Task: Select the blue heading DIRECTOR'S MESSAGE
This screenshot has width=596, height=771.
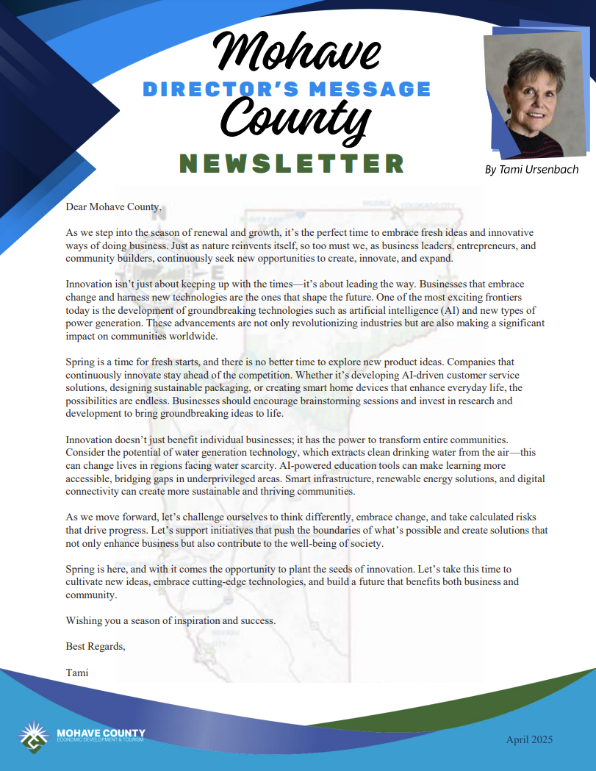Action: (287, 89)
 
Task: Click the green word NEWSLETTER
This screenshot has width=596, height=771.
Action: (292, 163)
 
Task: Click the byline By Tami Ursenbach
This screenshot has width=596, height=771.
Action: (531, 170)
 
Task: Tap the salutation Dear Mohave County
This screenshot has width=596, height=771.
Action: (113, 207)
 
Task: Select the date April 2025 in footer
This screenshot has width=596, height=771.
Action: (529, 739)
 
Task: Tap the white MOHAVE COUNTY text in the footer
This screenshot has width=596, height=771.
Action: (101, 733)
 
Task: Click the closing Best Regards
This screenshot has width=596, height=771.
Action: (96, 646)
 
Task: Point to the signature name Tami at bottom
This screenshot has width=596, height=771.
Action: (77, 672)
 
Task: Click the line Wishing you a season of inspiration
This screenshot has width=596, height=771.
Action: (170, 620)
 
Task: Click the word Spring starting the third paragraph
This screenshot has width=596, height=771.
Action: (81, 362)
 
